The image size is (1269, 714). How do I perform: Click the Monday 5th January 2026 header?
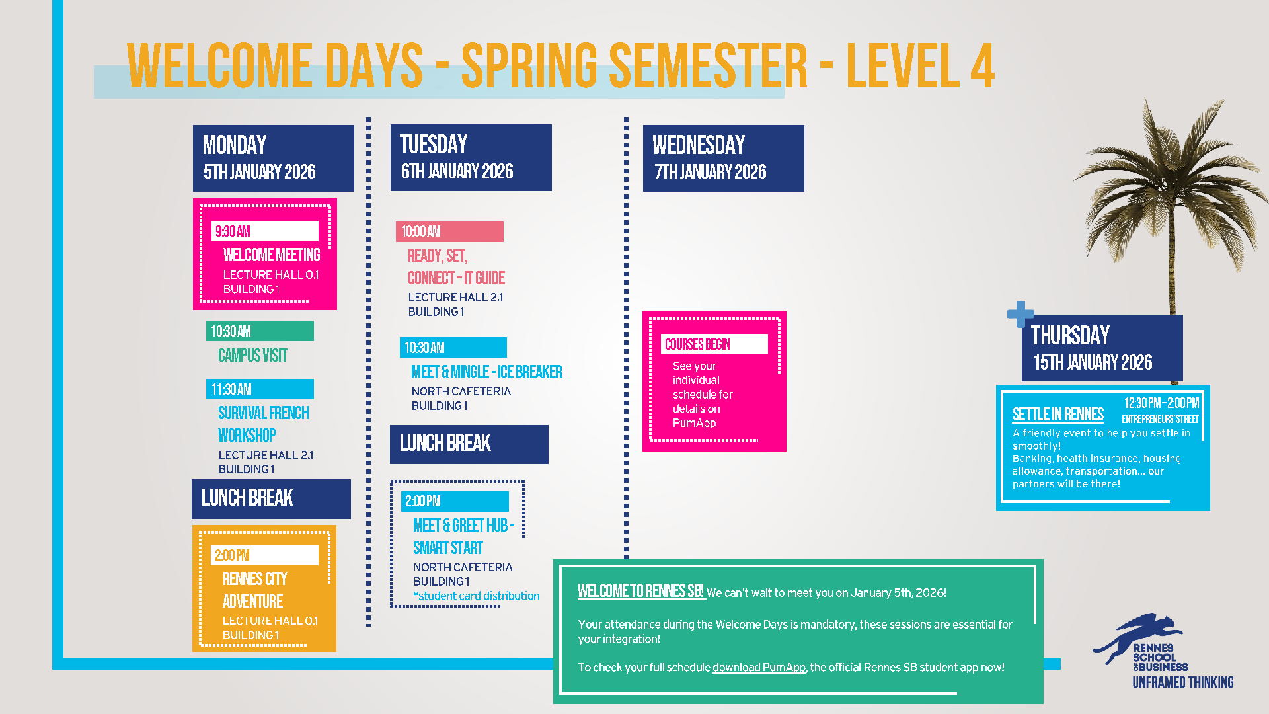(x=273, y=158)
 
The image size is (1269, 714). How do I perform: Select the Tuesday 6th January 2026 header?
(x=471, y=157)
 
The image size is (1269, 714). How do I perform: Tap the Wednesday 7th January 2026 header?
(x=723, y=158)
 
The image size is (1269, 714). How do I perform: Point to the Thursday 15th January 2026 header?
(x=1102, y=348)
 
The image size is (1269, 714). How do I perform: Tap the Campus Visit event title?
(x=252, y=356)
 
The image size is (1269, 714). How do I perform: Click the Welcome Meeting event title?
(x=272, y=255)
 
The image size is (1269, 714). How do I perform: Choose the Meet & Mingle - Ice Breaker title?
(x=486, y=372)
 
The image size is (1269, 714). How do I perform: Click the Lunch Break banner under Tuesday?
(x=469, y=444)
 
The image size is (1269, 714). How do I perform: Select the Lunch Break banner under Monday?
(x=271, y=499)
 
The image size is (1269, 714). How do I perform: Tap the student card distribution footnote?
(x=477, y=596)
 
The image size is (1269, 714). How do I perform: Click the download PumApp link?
(x=759, y=668)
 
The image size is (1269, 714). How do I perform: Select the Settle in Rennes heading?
(x=1058, y=415)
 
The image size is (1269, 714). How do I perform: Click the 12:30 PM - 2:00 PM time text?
(x=1161, y=403)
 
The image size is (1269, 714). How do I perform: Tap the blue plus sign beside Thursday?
(x=1020, y=314)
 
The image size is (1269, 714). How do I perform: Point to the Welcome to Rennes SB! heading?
(x=640, y=591)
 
